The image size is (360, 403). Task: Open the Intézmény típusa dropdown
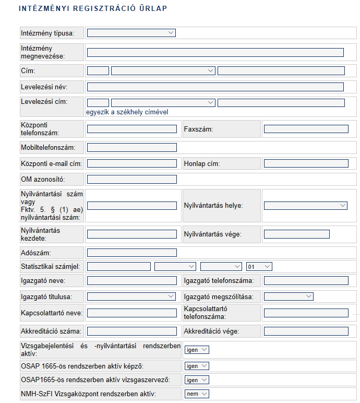pos(131,33)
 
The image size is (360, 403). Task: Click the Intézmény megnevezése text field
pos(215,52)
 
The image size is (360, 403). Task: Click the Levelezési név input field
pos(215,87)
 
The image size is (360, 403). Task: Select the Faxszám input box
pos(306,129)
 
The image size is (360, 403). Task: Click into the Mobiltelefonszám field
pos(131,148)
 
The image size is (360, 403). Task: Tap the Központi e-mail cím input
pos(131,163)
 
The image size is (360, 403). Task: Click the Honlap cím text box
pos(306,163)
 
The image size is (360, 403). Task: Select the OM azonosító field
pos(131,180)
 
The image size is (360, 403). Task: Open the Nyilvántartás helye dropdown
pos(306,206)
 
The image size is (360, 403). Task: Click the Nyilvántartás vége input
pos(296,234)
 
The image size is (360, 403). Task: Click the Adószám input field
pos(131,253)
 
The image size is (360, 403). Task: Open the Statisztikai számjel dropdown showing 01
pos(259,266)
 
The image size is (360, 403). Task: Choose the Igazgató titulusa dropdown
pos(131,297)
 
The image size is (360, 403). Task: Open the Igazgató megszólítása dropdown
pos(289,297)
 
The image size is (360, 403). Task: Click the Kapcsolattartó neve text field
pos(131,313)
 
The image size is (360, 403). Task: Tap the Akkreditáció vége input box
pos(306,331)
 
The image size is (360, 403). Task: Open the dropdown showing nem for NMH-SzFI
pos(197,394)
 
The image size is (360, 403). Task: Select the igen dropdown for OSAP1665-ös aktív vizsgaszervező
pos(197,380)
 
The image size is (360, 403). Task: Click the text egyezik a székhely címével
pos(127,112)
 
